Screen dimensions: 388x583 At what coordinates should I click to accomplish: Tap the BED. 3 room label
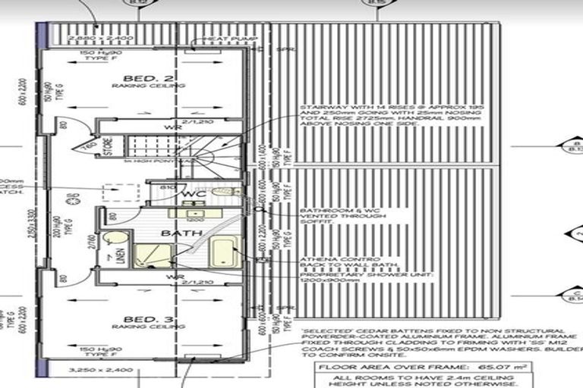(x=148, y=316)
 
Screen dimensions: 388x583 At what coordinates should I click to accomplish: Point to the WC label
(x=189, y=195)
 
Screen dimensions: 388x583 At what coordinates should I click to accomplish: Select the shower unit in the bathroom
(x=153, y=255)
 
